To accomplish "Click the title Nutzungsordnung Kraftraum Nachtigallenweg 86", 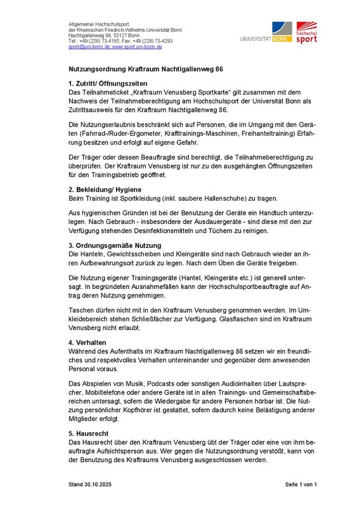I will click(146, 68).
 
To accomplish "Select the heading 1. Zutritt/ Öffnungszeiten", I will click(113, 84).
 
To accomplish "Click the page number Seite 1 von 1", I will click(302, 484).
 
